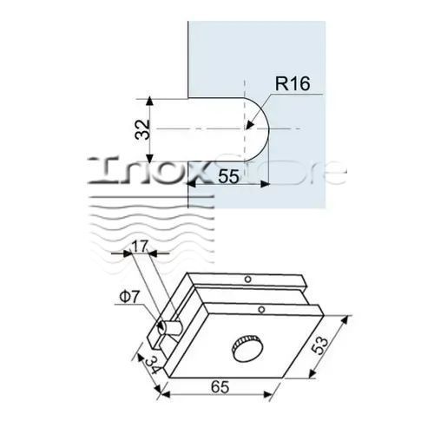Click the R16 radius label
(x=293, y=83)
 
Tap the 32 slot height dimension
(x=143, y=130)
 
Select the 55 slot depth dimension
(x=228, y=176)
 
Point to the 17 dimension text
(x=140, y=247)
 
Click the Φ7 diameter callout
(x=129, y=297)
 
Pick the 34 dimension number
(x=152, y=365)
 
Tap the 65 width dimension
(x=220, y=387)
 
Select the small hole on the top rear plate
(x=247, y=279)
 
